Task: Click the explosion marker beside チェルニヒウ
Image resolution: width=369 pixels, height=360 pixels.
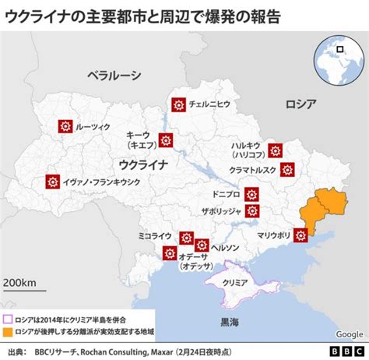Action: (x=178, y=103)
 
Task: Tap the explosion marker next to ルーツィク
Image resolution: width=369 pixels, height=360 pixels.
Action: (x=65, y=126)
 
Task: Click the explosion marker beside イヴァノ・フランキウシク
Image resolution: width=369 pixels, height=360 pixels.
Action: (x=53, y=182)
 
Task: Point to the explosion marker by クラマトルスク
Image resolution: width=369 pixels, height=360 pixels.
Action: (x=288, y=168)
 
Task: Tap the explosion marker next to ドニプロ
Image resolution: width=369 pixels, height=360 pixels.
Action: (x=251, y=194)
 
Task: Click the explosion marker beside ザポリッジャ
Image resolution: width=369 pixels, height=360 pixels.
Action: (x=251, y=210)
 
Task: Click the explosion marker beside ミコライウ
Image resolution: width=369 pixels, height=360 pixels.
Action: (x=186, y=237)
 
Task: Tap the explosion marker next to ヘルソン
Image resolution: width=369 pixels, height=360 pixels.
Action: (x=202, y=245)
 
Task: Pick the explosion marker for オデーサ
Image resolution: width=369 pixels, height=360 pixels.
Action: (x=169, y=252)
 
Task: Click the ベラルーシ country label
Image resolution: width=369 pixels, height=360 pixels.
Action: (x=114, y=75)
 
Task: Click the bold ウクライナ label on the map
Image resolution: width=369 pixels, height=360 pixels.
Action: (x=144, y=164)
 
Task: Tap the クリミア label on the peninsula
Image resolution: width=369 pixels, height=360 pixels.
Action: (x=234, y=283)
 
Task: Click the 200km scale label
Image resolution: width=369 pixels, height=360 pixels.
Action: (x=20, y=281)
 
